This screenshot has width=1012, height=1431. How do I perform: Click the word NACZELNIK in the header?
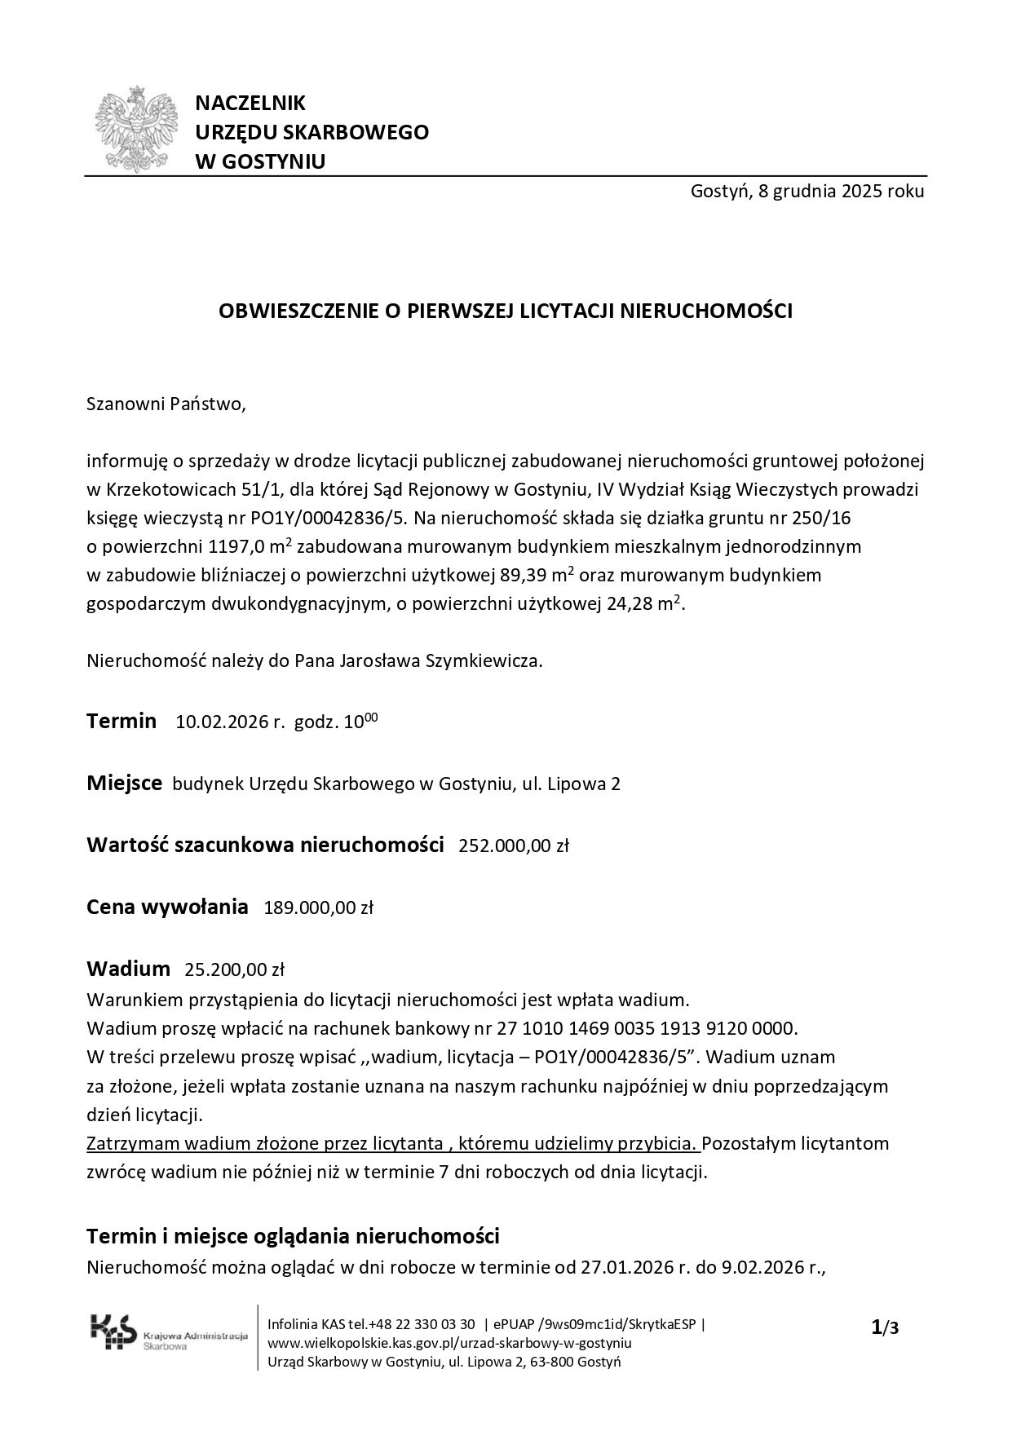tap(250, 104)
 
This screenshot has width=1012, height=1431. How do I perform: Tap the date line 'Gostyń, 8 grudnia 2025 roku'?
tap(807, 192)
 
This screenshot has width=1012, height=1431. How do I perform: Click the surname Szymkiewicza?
tap(484, 660)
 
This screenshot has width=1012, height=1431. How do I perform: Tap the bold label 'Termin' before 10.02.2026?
tap(122, 721)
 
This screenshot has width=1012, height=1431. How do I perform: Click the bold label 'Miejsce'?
tap(124, 784)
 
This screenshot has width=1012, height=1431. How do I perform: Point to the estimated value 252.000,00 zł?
tap(513, 846)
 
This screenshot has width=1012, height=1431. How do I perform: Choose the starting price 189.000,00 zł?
tap(318, 908)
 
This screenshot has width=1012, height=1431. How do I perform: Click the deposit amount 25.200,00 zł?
tap(234, 969)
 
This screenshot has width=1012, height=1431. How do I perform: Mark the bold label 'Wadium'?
tap(128, 969)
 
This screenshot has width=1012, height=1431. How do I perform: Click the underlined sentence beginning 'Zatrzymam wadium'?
tap(393, 1143)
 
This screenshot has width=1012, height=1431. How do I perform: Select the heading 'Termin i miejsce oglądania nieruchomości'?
tap(293, 1236)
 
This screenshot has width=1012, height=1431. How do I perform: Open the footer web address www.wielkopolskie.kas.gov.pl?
tap(449, 1343)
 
